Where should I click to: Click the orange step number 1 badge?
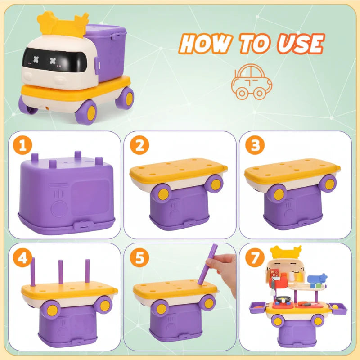tap(22, 145)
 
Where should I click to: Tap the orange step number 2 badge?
tap(139, 145)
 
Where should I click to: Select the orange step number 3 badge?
tap(255, 145)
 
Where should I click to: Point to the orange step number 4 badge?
tap(22, 257)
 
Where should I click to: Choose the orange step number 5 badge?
tap(139, 257)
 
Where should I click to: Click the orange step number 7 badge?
tap(255, 257)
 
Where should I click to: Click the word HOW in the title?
tap(206, 43)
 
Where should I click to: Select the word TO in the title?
tap(255, 43)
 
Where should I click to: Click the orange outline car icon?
tap(252, 82)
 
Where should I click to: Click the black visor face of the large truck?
tap(54, 60)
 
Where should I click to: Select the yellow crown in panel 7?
tap(286, 252)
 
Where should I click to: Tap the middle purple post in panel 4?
tap(61, 272)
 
